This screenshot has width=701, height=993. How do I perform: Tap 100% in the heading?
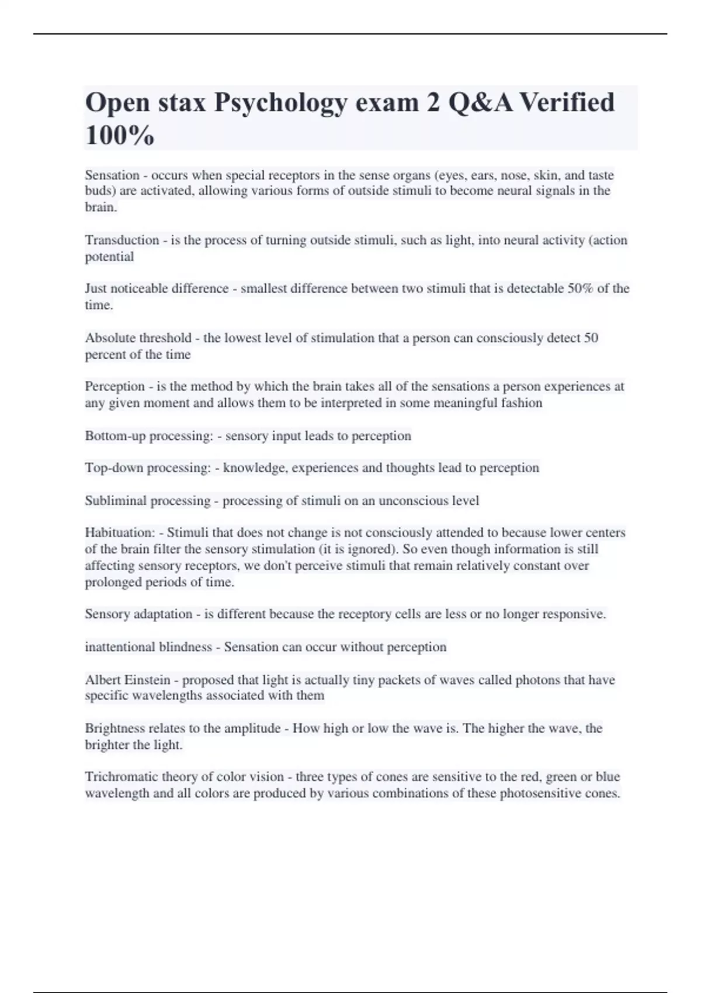click(x=120, y=136)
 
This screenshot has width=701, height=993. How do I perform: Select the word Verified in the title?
click(x=567, y=102)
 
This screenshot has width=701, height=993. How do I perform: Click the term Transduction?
click(x=122, y=240)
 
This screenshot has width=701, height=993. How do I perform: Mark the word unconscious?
click(x=413, y=501)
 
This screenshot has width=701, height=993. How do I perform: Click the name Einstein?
click(x=147, y=680)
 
